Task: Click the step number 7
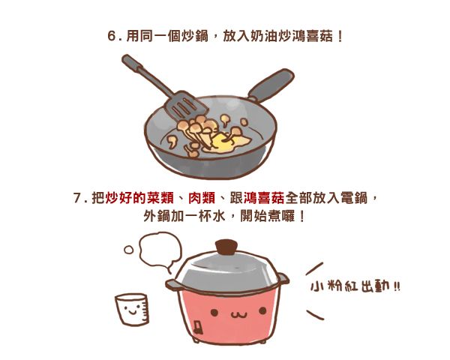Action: [78, 198]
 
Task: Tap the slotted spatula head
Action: [186, 105]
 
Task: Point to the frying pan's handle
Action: [271, 85]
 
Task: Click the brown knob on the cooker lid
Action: [226, 247]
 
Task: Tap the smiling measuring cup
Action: [132, 309]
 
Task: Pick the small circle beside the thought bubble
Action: [128, 250]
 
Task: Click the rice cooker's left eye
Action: [214, 312]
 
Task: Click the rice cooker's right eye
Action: [262, 310]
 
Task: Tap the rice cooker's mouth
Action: [238, 316]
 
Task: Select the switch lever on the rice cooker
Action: [198, 328]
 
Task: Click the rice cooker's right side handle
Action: [283, 278]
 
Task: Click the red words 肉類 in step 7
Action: [202, 198]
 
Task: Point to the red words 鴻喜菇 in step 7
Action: [264, 198]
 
